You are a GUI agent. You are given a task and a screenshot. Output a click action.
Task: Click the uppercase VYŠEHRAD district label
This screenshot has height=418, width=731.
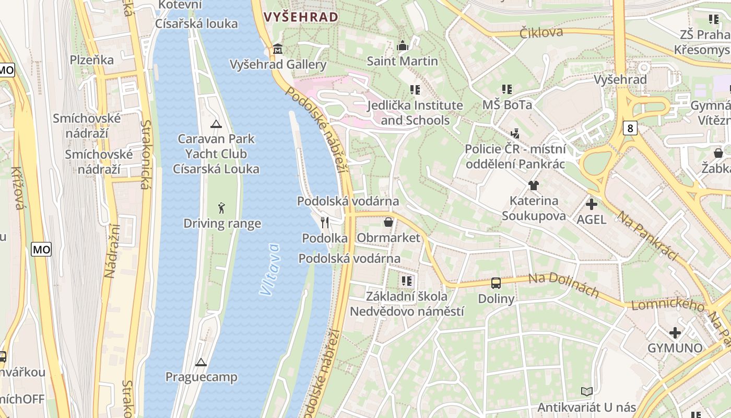(301, 17)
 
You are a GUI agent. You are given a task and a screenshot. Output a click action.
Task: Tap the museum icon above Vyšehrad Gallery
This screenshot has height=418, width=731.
(278, 50)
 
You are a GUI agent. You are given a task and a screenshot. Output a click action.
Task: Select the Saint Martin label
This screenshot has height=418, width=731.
(402, 61)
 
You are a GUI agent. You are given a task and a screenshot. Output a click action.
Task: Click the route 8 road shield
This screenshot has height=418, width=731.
(630, 128)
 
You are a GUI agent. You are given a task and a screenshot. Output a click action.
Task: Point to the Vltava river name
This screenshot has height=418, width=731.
(269, 269)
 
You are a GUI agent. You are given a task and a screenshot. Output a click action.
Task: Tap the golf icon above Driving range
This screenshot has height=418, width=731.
(222, 208)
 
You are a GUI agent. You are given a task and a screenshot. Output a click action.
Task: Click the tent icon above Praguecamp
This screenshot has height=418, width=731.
(201, 362)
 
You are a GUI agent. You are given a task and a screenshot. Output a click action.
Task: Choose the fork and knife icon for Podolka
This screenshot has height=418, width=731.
(325, 223)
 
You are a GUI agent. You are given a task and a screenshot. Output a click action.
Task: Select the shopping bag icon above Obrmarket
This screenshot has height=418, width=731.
(388, 223)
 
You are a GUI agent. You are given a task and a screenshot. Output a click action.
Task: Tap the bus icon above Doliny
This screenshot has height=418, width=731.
(496, 283)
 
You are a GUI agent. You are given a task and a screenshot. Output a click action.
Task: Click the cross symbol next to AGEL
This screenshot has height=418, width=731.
(592, 204)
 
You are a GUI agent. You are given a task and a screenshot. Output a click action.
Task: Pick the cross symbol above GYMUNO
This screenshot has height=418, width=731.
(675, 332)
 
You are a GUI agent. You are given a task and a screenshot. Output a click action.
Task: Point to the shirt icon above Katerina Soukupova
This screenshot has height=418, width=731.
(533, 185)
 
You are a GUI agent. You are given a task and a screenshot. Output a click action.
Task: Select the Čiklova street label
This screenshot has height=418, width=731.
(541, 32)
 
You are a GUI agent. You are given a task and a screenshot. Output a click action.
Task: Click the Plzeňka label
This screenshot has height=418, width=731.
(92, 60)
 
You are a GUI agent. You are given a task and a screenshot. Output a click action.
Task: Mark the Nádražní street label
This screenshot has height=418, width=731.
(112, 251)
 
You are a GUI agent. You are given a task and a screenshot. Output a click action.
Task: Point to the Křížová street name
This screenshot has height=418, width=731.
(17, 188)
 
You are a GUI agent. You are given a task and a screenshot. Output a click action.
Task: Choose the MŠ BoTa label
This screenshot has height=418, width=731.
(506, 105)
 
